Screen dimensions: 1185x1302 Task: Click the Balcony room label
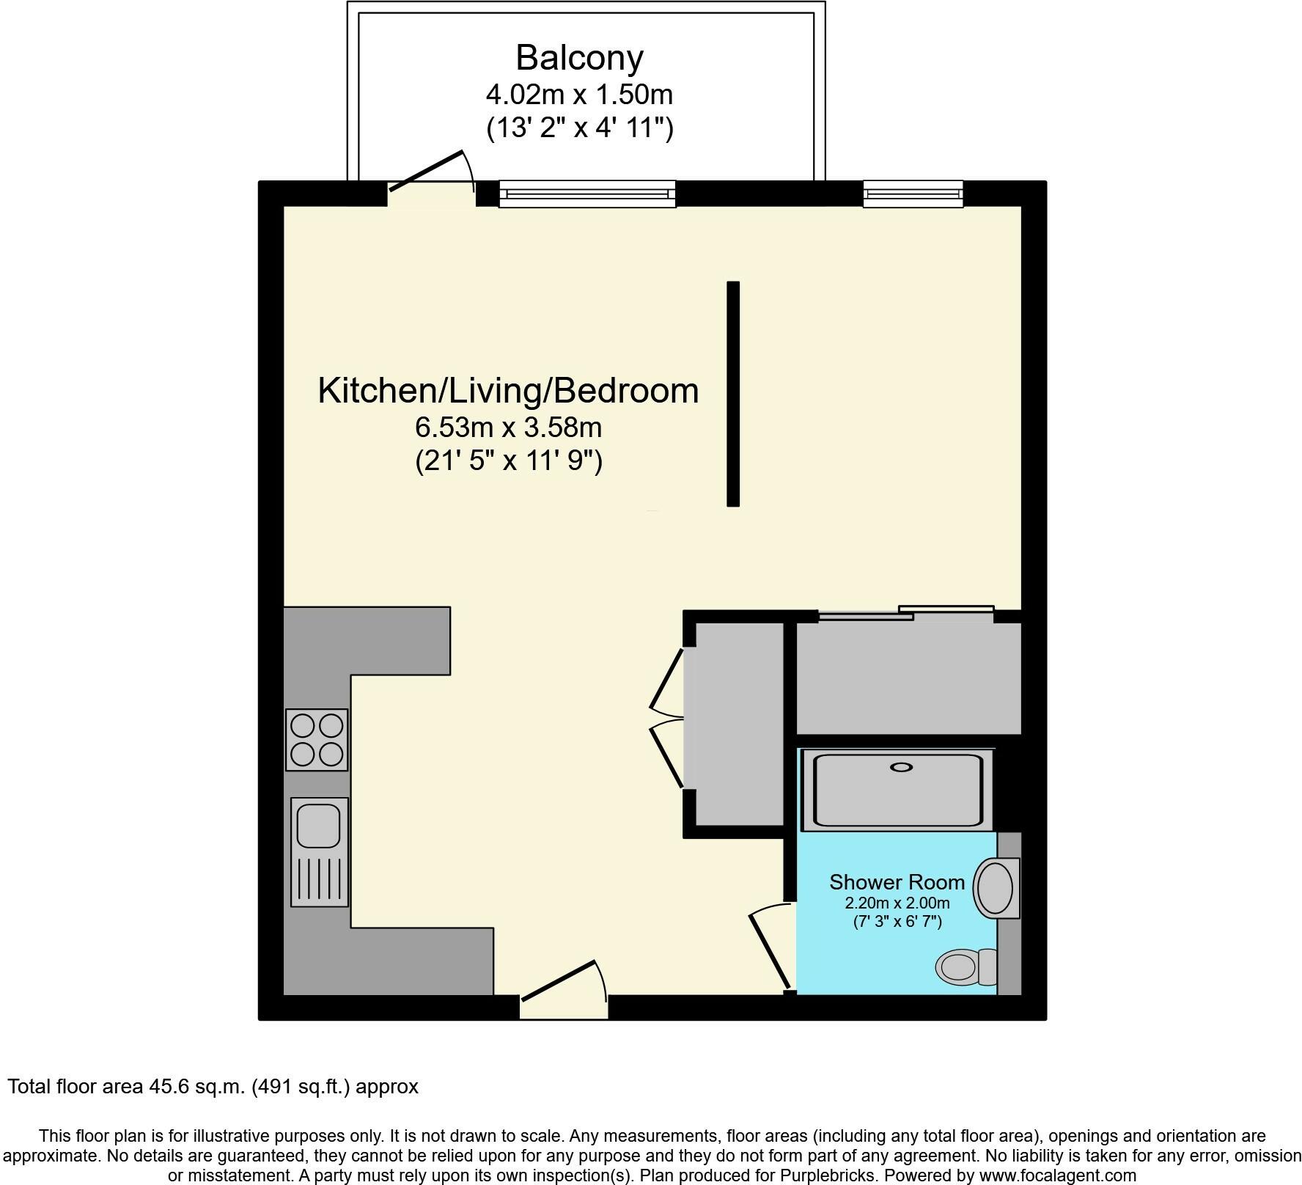pyautogui.click(x=579, y=57)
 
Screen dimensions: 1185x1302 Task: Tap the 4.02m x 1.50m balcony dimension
pyautogui.click(x=579, y=95)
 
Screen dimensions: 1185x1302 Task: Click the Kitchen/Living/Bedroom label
pyautogui.click(x=508, y=390)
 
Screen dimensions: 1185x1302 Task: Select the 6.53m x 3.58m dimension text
pyautogui.click(x=508, y=426)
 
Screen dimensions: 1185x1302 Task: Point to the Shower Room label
pyautogui.click(x=897, y=881)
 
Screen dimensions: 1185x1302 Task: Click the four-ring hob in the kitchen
pyautogui.click(x=317, y=739)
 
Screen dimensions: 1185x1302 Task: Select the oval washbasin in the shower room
pyautogui.click(x=995, y=888)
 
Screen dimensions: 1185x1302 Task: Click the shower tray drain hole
pyautogui.click(x=901, y=767)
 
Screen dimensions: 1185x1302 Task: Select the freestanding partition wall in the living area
pyautogui.click(x=733, y=394)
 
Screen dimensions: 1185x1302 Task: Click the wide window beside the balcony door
pyautogui.click(x=587, y=194)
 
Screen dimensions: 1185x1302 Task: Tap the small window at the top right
pyautogui.click(x=913, y=194)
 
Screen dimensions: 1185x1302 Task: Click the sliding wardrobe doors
pyautogui.click(x=906, y=613)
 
